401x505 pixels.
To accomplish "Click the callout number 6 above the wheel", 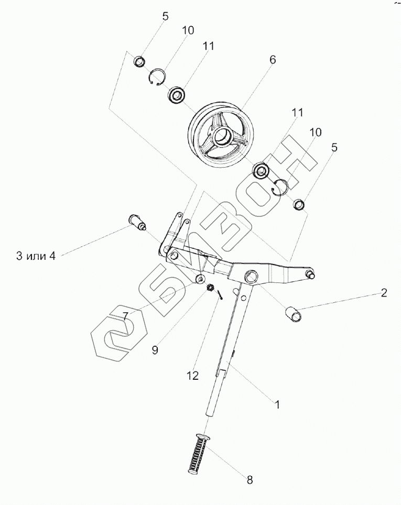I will (273, 60).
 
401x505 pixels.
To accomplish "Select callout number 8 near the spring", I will (250, 478).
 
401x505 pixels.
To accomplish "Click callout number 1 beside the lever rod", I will (277, 404).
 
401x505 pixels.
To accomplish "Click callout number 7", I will (125, 315).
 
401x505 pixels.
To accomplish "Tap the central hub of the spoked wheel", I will (222, 138).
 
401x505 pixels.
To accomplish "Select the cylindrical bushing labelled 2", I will (295, 315).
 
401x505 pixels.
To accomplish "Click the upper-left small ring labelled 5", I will (139, 62).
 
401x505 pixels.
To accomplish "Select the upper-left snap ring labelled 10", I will (156, 78).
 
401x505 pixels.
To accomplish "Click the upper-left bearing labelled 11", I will (177, 95).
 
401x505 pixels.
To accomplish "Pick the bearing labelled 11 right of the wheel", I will (261, 170).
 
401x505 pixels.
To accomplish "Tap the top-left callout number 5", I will (165, 16).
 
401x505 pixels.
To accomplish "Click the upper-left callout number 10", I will (188, 30).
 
